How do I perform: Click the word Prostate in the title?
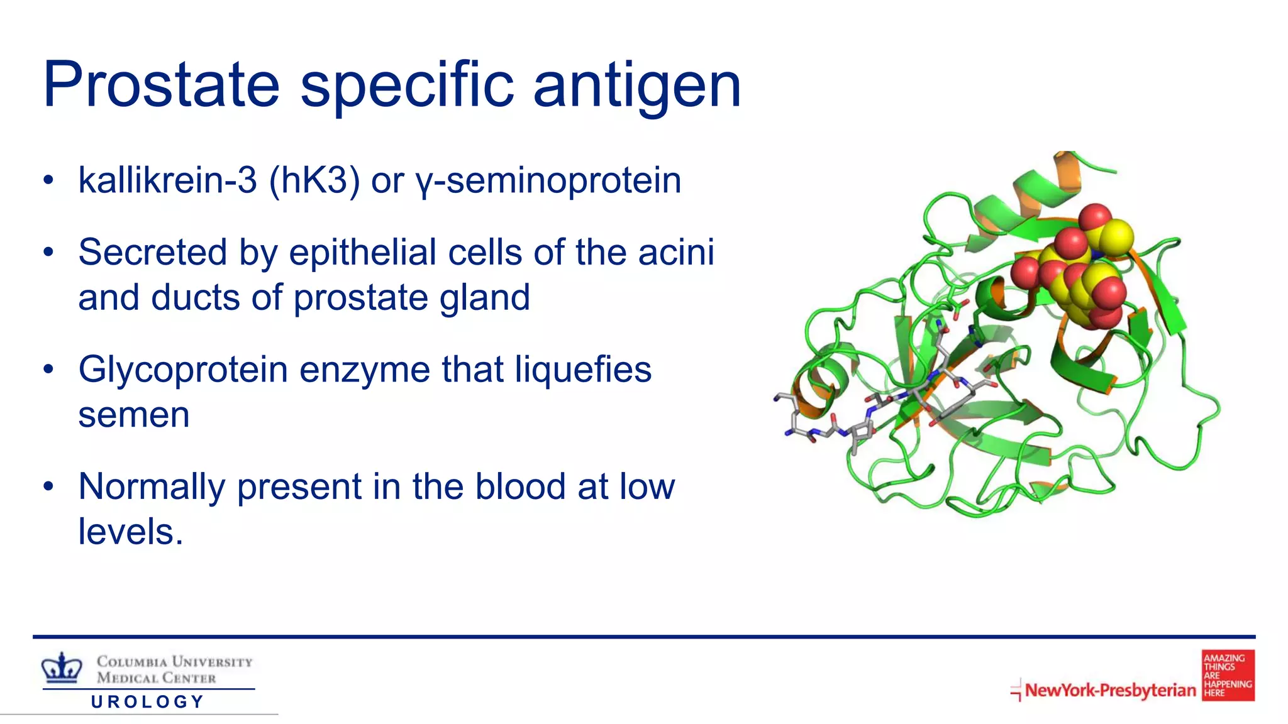[161, 84]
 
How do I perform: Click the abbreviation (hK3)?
[314, 181]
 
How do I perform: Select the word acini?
[676, 252]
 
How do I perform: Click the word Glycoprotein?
[183, 370]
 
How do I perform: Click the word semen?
[133, 415]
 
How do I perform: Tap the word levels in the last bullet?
[127, 532]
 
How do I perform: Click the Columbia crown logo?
[62, 667]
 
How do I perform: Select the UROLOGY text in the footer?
[148, 701]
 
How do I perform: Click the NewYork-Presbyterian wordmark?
[1110, 690]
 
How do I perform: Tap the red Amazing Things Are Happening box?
[1228, 676]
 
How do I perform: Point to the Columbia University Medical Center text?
[174, 669]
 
